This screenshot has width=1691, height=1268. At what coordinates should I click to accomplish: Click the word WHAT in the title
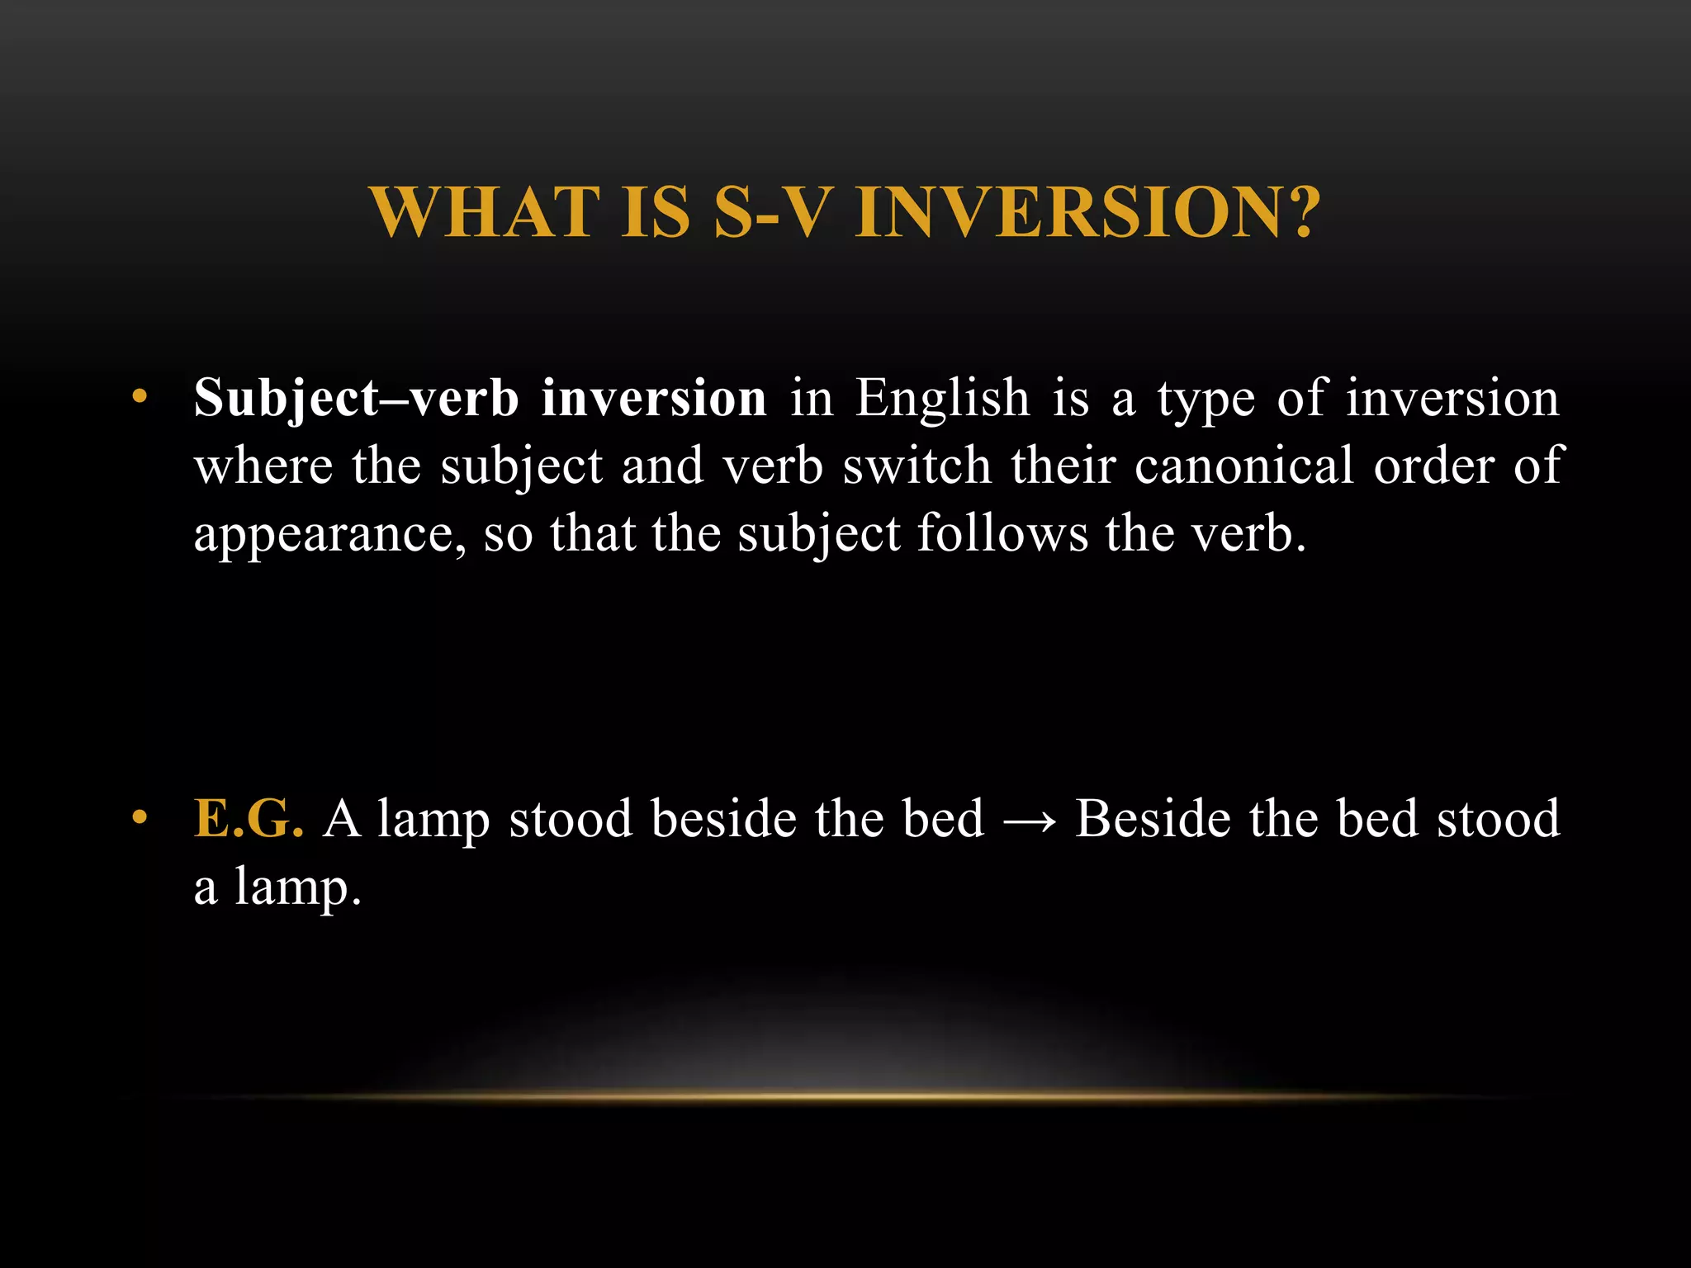tap(486, 212)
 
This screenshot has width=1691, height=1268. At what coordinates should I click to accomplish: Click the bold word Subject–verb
tap(356, 399)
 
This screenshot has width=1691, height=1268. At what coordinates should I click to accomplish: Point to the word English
tap(942, 399)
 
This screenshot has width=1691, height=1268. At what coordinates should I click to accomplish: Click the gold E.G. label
tap(249, 820)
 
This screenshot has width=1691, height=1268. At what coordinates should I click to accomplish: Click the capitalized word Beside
tap(1152, 820)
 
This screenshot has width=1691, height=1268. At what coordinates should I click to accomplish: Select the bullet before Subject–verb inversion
tap(140, 398)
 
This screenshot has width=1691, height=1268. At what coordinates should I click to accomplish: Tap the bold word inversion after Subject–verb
tap(654, 399)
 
